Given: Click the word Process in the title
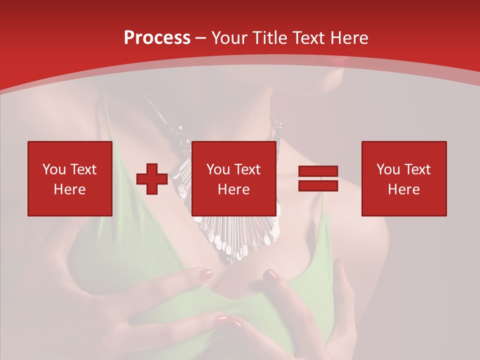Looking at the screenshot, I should (157, 38).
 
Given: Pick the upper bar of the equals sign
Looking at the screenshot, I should (318, 171).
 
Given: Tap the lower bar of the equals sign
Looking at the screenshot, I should (318, 186).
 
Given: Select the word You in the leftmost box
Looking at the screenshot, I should (54, 169).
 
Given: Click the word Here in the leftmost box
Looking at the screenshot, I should (69, 189).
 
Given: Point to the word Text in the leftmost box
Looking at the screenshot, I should (83, 169).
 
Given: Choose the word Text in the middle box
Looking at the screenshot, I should (247, 169).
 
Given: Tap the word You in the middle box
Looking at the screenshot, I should (218, 169).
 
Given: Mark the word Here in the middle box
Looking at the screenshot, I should (233, 189).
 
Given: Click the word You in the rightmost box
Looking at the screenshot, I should (388, 169).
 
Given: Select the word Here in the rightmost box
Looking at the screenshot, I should (403, 189).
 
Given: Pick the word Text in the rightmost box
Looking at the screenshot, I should (417, 169).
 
